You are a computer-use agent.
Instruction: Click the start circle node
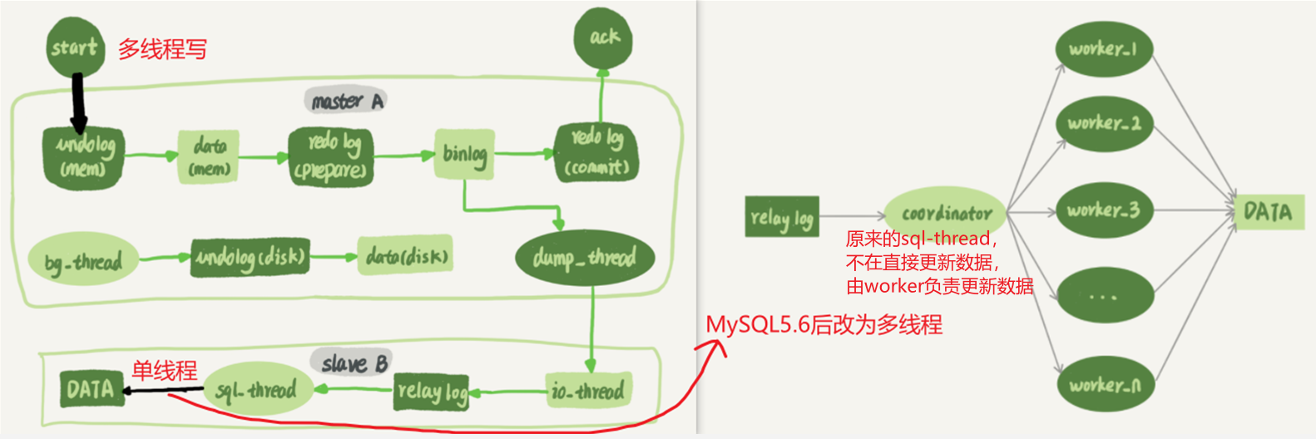(75, 47)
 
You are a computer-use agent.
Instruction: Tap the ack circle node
(603, 37)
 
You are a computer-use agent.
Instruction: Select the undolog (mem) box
(83, 156)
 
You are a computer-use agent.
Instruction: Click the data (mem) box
(209, 156)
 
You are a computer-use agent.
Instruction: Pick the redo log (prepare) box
(330, 156)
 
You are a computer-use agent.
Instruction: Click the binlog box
(464, 154)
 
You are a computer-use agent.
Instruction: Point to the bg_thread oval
(83, 262)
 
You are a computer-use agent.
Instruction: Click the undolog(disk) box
(250, 257)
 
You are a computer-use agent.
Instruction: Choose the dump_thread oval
(585, 258)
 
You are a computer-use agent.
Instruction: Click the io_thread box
(590, 390)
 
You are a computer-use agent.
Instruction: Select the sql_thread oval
(258, 389)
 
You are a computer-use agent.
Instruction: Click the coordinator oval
(946, 211)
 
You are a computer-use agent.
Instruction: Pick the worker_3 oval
(1103, 210)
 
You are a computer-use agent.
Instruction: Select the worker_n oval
(1104, 384)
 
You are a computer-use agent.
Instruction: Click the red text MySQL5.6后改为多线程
(824, 324)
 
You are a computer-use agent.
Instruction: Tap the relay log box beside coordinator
(782, 217)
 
